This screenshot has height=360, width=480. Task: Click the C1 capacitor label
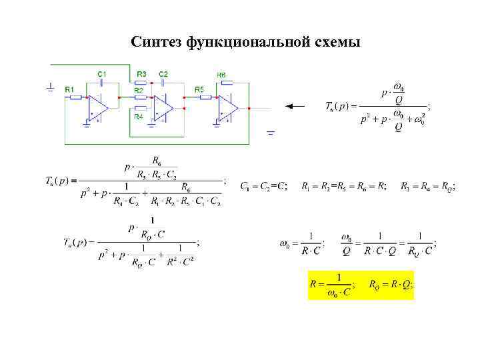(101, 73)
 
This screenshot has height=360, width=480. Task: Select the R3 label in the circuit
(141, 73)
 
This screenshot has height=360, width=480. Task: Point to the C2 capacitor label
(163, 73)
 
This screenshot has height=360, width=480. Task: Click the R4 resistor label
(139, 117)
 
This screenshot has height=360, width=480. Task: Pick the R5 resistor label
(199, 89)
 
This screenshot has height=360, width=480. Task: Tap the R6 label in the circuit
(221, 75)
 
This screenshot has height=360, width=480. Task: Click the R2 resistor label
(139, 89)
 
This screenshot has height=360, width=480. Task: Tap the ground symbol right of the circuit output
(270, 133)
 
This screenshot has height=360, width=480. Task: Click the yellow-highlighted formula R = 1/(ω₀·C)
(332, 285)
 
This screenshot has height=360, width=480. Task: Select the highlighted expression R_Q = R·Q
(391, 285)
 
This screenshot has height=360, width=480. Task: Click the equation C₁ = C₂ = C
(264, 186)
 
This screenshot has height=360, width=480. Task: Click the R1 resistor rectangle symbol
(75, 97)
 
